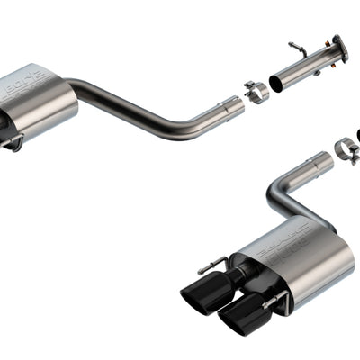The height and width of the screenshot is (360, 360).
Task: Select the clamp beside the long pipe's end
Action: click(256, 92)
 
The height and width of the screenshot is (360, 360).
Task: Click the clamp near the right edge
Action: click(346, 149)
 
